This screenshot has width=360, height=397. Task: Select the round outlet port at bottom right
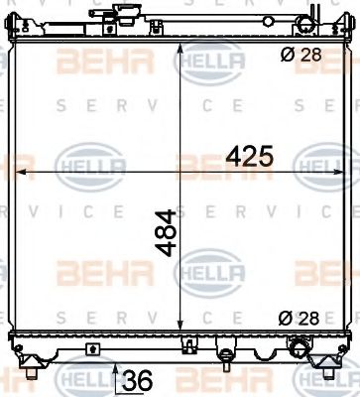298,321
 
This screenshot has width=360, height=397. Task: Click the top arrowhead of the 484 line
179,46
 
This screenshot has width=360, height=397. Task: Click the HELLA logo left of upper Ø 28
209,62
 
